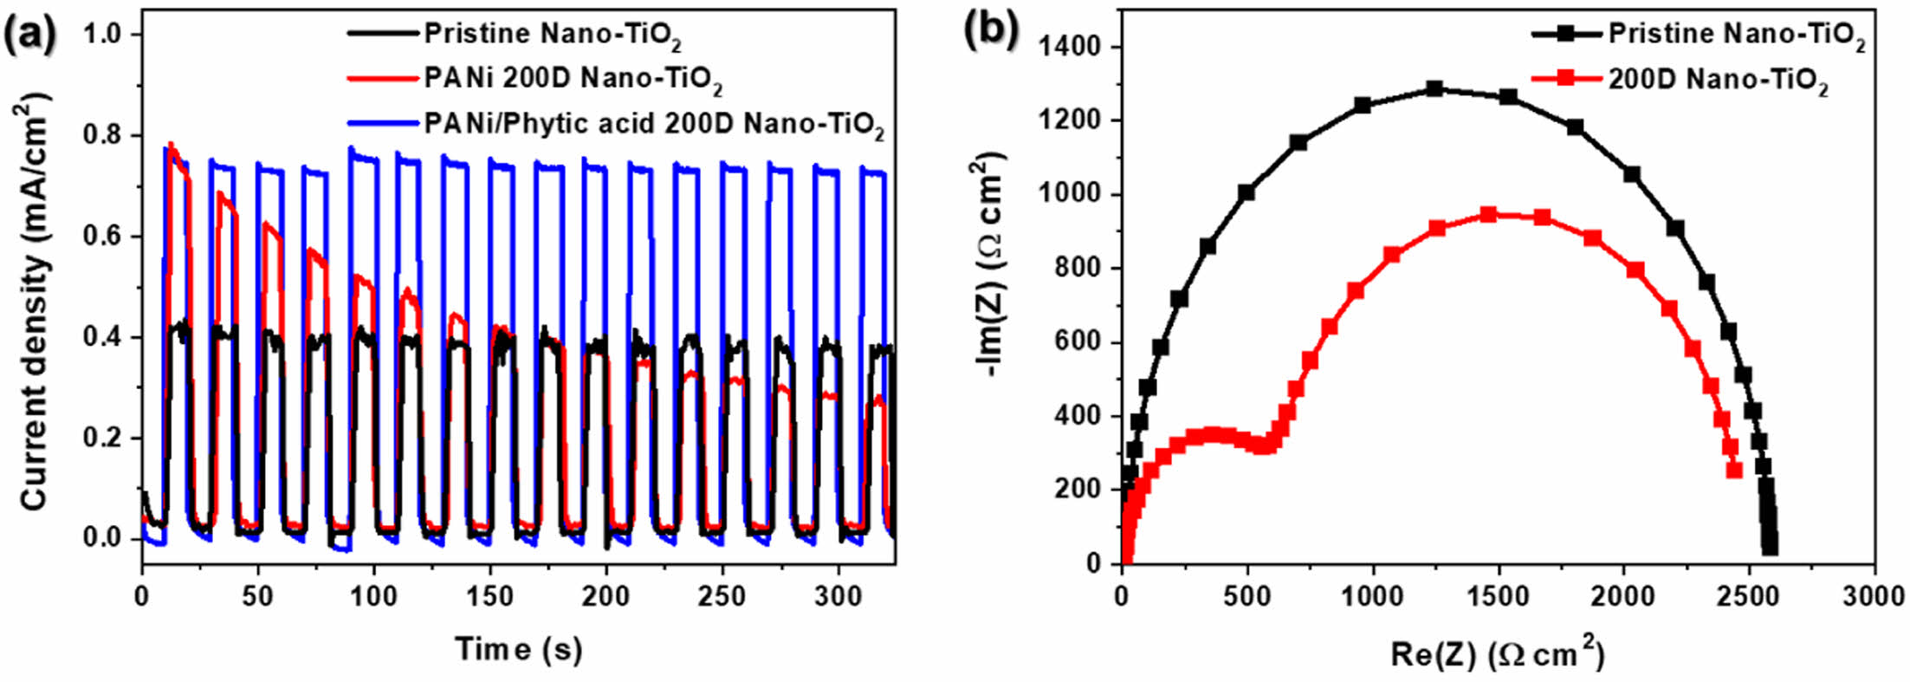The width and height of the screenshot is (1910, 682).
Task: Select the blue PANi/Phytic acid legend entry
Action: [x=653, y=125]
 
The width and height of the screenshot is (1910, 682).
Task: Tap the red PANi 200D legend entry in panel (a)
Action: [x=573, y=79]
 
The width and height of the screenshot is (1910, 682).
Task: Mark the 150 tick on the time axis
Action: [x=490, y=596]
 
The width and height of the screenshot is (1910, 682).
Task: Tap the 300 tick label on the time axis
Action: [x=838, y=596]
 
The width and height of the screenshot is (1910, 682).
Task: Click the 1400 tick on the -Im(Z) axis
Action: [x=1071, y=46]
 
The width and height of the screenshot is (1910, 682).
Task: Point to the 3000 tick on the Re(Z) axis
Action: [x=1874, y=596]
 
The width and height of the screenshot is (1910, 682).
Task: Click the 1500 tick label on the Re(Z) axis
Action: [x=1498, y=596]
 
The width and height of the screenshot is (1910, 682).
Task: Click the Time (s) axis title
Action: [x=518, y=648]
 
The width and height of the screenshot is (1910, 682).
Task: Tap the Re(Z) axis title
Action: [x=1497, y=653]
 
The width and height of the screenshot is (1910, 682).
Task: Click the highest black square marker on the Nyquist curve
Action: [x=1434, y=88]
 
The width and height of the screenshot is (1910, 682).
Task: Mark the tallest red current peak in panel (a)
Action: [x=172, y=145]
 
